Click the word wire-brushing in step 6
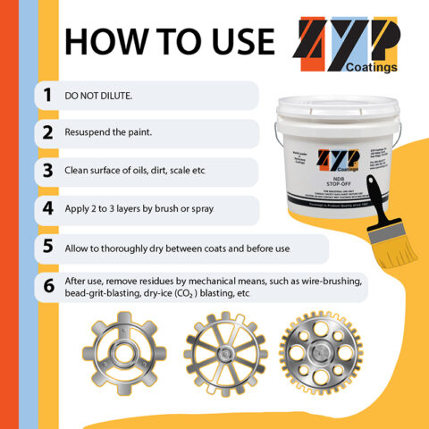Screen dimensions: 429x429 click(334, 281)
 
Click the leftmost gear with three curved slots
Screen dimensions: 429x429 click(118, 353)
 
